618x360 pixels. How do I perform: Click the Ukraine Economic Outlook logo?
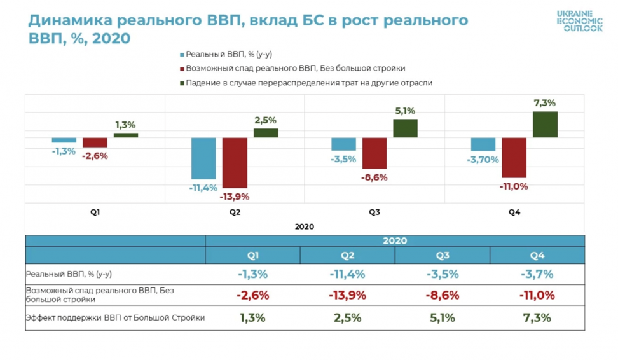pos(579,21)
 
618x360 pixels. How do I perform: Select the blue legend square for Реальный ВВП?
pos(182,55)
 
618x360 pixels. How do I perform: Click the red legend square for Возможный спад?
pos(182,69)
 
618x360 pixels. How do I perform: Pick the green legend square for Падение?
pos(182,83)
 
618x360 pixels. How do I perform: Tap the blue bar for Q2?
pos(204,158)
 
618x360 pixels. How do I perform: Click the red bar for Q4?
pos(514,158)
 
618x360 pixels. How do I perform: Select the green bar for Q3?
pos(405,128)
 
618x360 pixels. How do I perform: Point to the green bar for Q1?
pos(126,135)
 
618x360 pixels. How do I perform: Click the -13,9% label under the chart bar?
pos(234,197)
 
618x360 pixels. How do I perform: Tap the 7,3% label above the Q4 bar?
pos(544,103)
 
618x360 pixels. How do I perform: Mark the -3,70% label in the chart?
pos(483,160)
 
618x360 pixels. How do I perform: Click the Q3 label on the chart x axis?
pos(374,212)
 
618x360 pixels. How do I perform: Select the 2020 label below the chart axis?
pos(305,226)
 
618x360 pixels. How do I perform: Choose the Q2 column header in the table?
pos(347,256)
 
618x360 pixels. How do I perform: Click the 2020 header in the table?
pos(395,241)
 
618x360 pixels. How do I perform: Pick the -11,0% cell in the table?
pos(537,295)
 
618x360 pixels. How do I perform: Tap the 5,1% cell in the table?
pos(443,317)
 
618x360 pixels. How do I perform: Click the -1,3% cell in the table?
pos(252,274)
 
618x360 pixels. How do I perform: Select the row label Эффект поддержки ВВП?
pos(115,317)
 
